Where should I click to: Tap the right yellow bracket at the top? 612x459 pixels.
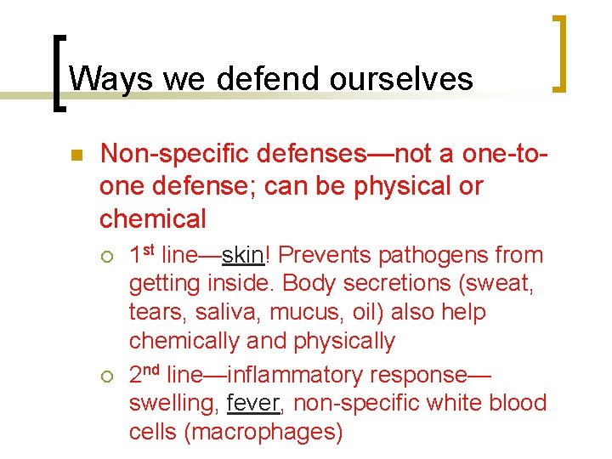[x=558, y=53]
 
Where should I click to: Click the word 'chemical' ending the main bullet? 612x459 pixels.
[x=153, y=218]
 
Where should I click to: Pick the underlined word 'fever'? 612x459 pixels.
[x=254, y=403]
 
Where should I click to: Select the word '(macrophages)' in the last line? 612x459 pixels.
[x=263, y=432]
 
